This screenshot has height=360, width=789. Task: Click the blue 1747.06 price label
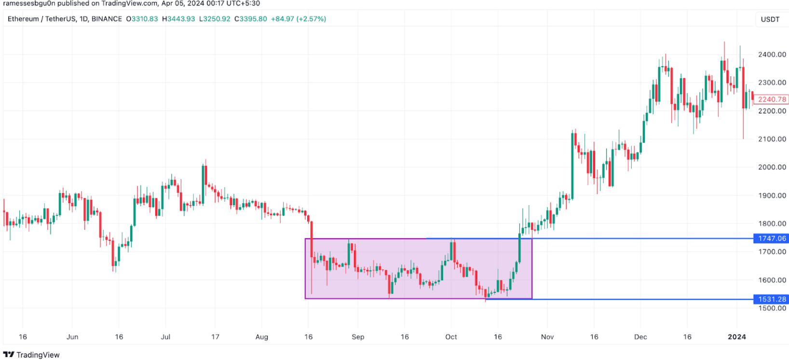tap(771, 238)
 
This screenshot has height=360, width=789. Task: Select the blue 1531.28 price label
tap(771, 299)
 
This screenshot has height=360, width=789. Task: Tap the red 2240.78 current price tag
tap(771, 99)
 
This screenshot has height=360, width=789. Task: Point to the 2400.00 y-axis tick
tap(772, 55)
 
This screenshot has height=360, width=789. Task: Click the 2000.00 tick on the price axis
tap(772, 167)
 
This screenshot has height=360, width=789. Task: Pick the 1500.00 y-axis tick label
tap(772, 308)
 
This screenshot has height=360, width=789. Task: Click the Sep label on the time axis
tap(358, 337)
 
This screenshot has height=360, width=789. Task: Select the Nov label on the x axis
tap(547, 337)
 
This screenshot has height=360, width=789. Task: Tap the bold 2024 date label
tap(736, 337)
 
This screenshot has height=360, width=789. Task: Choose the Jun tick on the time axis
tap(72, 337)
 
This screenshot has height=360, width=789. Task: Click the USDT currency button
tap(770, 19)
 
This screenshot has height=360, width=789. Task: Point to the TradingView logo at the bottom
tap(32, 355)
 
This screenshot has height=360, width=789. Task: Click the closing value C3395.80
tap(250, 19)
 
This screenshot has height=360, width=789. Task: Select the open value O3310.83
tap(142, 19)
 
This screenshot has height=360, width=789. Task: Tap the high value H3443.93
tap(178, 19)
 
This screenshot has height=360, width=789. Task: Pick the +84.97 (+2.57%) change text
tap(299, 19)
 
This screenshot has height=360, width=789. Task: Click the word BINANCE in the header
tap(107, 19)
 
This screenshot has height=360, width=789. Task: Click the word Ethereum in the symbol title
tap(23, 19)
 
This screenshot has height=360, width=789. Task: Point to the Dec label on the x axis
tap(640, 337)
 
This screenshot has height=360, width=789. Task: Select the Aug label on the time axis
tap(262, 337)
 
